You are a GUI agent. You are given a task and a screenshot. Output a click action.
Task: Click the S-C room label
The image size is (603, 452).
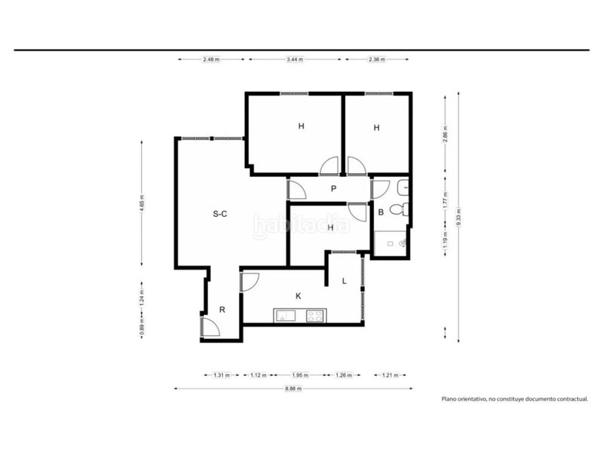220,214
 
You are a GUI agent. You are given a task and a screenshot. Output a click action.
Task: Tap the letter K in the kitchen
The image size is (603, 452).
298,296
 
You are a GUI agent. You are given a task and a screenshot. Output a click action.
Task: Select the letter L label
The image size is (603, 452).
344,281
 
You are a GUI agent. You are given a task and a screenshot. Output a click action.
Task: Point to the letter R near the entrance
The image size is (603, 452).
222,310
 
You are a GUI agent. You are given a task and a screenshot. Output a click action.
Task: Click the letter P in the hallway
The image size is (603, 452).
333,189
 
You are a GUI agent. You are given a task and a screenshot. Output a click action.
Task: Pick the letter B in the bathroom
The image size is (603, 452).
381,212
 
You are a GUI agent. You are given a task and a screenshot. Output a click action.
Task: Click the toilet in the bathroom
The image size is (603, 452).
399,209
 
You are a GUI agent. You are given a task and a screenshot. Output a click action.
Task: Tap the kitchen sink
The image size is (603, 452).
285,316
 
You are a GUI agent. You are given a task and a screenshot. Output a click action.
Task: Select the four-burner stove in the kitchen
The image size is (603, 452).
315,316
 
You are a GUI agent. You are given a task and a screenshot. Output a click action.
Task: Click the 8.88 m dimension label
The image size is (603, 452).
293,389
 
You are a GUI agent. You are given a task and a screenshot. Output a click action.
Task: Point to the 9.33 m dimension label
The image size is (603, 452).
458,217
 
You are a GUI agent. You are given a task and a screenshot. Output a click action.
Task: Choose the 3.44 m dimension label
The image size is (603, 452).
295,60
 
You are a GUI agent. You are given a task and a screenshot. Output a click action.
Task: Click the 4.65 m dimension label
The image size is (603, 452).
142,203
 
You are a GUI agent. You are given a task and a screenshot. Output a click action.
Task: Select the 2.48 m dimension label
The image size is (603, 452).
211,60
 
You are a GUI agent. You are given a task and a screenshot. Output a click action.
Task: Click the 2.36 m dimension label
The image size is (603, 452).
377,60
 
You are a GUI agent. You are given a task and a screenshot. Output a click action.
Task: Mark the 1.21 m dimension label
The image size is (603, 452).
390,375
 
